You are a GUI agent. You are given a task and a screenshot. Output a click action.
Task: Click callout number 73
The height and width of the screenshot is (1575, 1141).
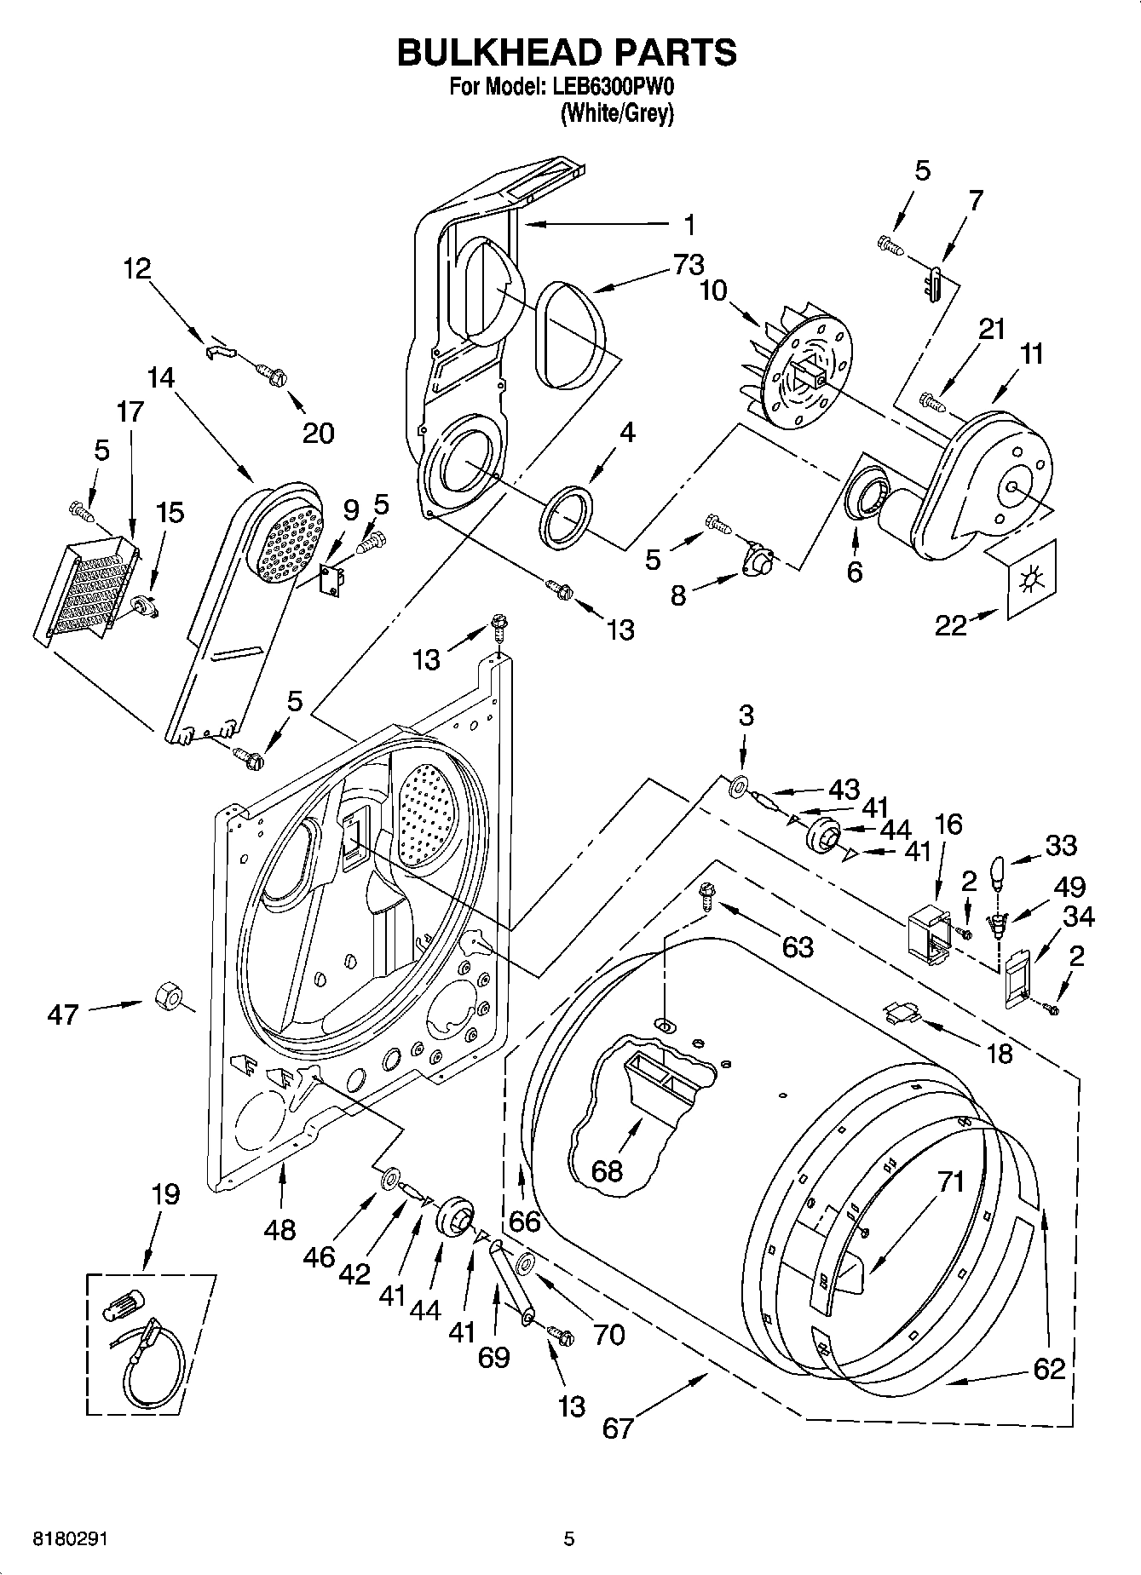tap(688, 265)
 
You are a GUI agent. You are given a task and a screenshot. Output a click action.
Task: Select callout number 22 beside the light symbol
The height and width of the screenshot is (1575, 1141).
tap(951, 624)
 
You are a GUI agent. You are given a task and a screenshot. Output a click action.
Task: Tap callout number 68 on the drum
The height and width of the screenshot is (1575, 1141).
tap(607, 1170)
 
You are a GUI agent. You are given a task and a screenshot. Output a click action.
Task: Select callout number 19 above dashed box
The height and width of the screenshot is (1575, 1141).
tap(165, 1194)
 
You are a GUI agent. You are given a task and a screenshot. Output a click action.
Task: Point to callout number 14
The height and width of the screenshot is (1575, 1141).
tap(161, 377)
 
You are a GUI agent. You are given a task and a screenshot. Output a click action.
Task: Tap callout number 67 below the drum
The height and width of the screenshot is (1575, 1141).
tap(618, 1427)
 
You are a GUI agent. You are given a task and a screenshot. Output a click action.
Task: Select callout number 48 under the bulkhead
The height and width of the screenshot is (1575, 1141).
tap(279, 1228)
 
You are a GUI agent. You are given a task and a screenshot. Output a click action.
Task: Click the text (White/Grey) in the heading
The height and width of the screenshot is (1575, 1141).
tap(616, 112)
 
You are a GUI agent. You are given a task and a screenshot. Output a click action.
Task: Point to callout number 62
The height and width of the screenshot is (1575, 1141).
tap(1049, 1369)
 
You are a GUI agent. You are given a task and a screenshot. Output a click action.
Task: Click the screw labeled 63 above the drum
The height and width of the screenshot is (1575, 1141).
tap(706, 894)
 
